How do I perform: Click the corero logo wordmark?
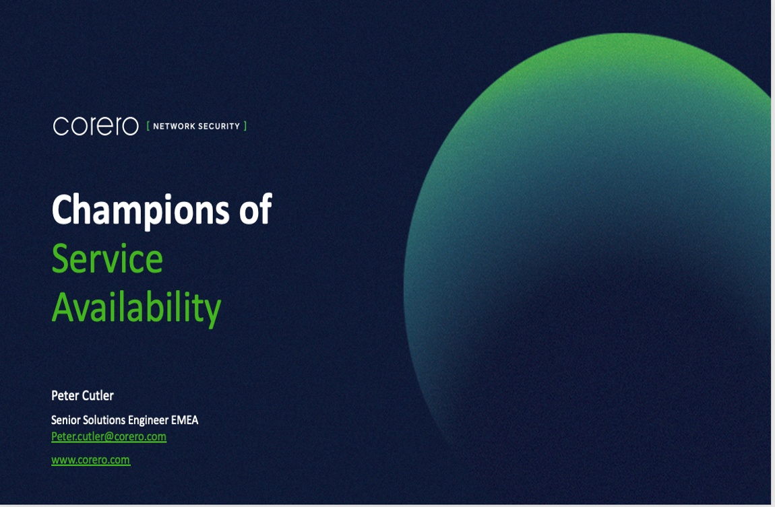point(96,126)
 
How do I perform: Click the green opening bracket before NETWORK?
point(148,127)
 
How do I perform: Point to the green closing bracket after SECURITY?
point(245,127)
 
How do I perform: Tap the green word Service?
point(107,259)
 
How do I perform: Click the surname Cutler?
point(98,395)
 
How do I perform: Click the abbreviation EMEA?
point(185,420)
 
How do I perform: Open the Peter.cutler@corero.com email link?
point(108,437)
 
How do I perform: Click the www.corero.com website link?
point(91,460)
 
